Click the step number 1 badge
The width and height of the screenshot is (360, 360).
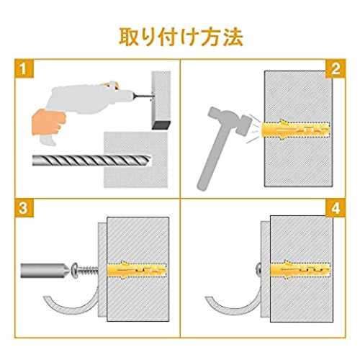click(x=23, y=68)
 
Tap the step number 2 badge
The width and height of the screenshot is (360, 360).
click(x=336, y=69)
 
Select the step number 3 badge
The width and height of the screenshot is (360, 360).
click(x=23, y=208)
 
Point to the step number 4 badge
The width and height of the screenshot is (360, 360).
click(x=336, y=208)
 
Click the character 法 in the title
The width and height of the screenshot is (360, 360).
click(x=233, y=37)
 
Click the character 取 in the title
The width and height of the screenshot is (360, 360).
click(x=129, y=37)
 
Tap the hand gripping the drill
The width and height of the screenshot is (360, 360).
click(x=48, y=122)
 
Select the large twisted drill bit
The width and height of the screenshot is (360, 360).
click(x=91, y=161)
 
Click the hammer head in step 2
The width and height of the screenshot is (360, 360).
click(x=230, y=121)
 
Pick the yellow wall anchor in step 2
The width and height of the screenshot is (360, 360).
click(x=294, y=130)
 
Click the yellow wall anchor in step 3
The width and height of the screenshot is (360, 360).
click(x=137, y=270)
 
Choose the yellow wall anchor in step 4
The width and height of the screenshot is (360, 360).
click(x=300, y=270)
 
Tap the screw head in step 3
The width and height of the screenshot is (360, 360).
click(x=75, y=271)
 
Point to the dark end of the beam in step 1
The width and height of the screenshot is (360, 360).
click(x=161, y=125)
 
